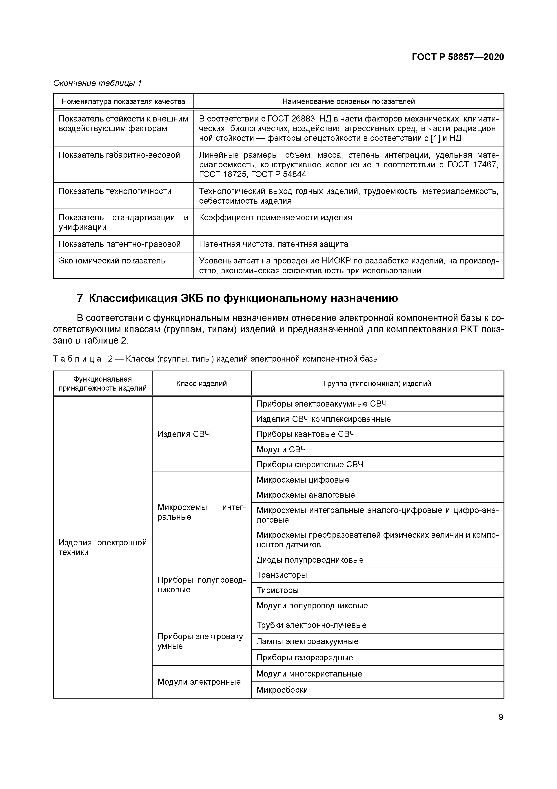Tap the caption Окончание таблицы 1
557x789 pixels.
click(x=98, y=83)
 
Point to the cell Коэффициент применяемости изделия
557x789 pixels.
click(x=276, y=218)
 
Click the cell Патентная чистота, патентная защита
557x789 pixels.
click(x=273, y=244)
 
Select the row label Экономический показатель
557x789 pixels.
click(x=112, y=261)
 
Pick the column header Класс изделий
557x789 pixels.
click(x=202, y=384)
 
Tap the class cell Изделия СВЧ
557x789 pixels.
click(x=184, y=434)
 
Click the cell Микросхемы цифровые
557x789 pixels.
click(x=303, y=480)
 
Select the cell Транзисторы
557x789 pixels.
click(x=281, y=575)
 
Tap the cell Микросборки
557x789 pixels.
click(x=282, y=690)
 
